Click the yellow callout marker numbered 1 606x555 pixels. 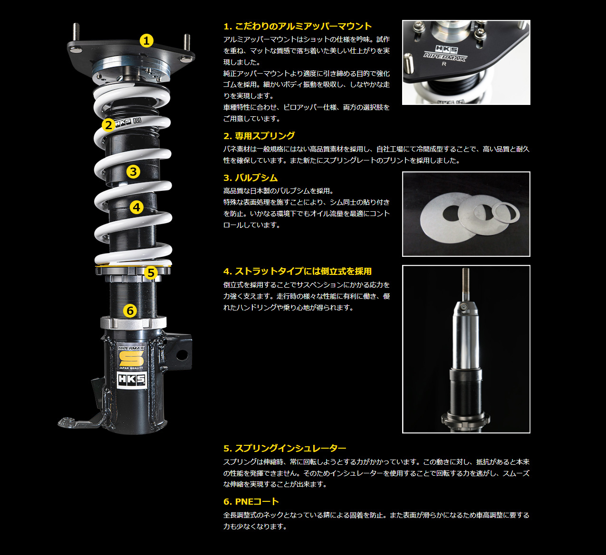(146, 41)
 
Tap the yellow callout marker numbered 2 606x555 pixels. (108, 125)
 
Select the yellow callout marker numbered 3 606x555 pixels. (133, 172)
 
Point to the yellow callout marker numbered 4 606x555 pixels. (136, 207)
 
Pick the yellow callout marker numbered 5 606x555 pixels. (151, 273)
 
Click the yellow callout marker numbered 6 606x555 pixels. (130, 310)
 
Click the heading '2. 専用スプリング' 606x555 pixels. (259, 136)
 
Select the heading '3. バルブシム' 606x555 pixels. (250, 178)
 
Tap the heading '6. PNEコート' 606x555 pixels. (251, 501)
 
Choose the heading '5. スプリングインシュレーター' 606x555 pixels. (285, 449)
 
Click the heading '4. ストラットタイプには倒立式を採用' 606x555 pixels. (298, 271)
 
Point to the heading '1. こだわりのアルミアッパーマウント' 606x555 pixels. (298, 26)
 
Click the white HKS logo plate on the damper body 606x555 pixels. (132, 380)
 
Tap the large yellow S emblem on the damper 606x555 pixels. (131, 358)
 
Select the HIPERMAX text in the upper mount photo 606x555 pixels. (445, 56)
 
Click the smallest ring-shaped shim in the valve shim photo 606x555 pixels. (506, 213)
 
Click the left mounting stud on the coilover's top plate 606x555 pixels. (76, 32)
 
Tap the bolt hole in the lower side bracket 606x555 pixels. (182, 355)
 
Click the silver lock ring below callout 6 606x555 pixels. (133, 323)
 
